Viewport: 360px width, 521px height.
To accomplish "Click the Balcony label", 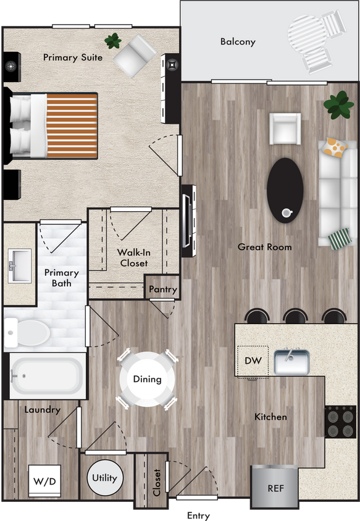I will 238,42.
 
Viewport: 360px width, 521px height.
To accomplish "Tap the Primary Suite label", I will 73,57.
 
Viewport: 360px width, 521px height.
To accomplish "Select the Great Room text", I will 265,247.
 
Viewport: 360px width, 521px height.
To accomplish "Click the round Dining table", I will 147,379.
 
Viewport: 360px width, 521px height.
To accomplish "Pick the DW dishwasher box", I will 253,361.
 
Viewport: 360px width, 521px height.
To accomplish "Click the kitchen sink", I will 291,362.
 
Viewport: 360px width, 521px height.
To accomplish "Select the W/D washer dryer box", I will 44,480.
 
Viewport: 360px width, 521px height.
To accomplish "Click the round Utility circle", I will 104,478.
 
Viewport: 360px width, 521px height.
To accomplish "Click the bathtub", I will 48,375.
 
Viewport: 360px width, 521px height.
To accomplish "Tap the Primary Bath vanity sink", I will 20,266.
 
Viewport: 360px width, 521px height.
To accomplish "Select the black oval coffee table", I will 285,190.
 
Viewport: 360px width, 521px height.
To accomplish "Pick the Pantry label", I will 163,289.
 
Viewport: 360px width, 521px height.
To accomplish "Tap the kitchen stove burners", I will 341,422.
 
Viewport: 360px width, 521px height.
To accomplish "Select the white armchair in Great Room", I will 285,129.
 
